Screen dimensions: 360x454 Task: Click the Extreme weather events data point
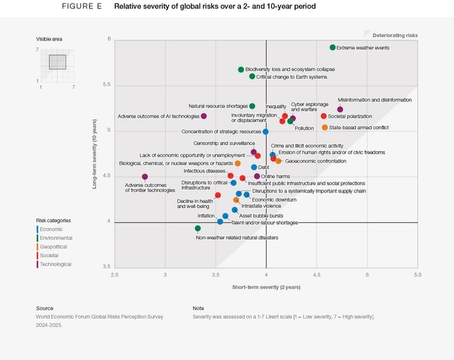[333, 48]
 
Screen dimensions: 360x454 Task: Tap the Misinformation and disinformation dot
[340, 109]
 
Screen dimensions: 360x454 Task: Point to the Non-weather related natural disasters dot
[198, 229]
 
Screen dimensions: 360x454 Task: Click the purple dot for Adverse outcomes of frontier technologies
[145, 177]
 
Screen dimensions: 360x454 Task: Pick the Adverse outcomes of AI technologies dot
[204, 116]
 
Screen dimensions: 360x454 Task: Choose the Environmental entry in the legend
[56, 238]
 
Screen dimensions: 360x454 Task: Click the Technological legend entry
[57, 264]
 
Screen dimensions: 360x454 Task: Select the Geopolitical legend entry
[55, 246]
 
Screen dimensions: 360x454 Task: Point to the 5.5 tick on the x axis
[417, 273]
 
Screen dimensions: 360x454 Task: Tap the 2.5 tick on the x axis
[115, 273]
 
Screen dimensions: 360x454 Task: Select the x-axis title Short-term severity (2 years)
[266, 286]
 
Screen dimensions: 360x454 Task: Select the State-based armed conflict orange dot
[325, 128]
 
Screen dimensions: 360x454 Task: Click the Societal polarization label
[350, 116]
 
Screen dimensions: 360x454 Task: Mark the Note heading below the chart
[199, 308]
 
